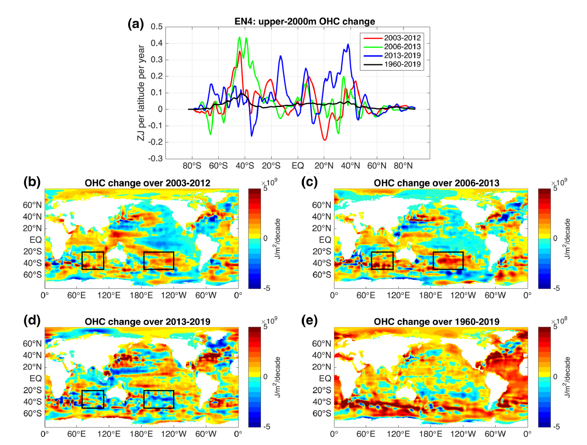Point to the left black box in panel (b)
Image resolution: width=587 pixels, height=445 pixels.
[93, 260]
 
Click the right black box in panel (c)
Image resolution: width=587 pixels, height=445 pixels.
[448, 260]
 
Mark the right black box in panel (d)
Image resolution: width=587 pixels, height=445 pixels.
[158, 399]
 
